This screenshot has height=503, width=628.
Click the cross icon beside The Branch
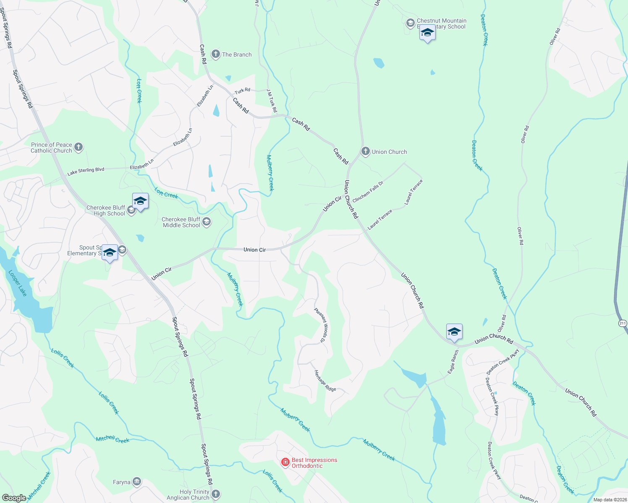(x=215, y=54)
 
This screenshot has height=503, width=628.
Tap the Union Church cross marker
(x=366, y=151)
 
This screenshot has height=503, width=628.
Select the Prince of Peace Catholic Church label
(x=51, y=148)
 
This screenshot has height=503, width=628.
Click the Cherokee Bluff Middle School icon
(x=206, y=222)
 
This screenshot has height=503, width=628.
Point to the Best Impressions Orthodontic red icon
(x=285, y=462)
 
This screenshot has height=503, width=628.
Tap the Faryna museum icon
(x=137, y=482)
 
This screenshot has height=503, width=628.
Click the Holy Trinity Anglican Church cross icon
(x=216, y=494)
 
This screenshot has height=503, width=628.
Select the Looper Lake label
(x=18, y=283)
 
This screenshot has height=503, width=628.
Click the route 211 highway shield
(x=623, y=323)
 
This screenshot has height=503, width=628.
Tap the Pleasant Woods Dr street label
(x=321, y=325)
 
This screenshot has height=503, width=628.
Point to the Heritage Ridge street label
(x=325, y=381)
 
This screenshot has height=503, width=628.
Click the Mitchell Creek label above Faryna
(x=113, y=439)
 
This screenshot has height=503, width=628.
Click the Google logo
(x=14, y=498)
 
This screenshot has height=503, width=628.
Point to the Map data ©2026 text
(x=609, y=500)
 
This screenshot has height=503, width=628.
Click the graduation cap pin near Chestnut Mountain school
(x=427, y=33)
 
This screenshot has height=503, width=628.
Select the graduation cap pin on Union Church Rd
(x=454, y=332)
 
